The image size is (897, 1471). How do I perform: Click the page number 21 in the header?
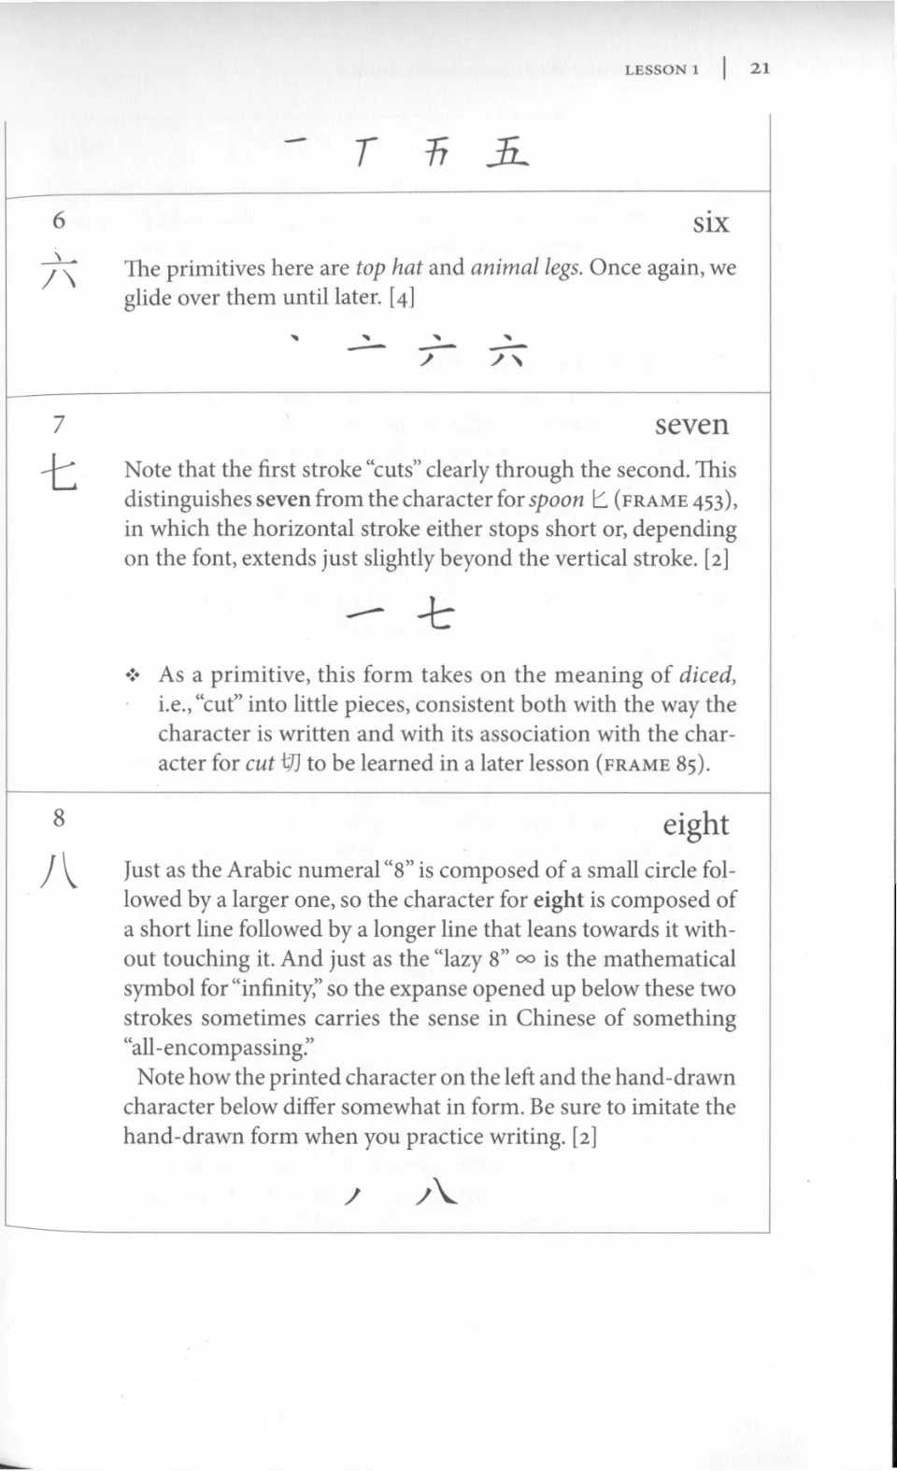coord(760,68)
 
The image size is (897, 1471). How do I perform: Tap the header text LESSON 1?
coord(662,69)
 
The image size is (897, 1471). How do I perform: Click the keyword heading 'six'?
coord(710,222)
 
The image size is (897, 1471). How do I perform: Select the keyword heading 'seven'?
coord(691,425)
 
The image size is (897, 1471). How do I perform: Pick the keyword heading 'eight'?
coord(696,825)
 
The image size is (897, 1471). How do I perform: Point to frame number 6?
coord(59,220)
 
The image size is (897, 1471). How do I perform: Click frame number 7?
coord(59,425)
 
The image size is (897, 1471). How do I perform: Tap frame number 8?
coord(59,819)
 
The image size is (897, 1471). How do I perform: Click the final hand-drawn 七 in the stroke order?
coord(434,615)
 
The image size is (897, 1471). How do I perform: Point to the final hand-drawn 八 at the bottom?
coord(436,1195)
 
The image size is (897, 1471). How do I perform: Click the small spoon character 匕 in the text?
coord(599,500)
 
